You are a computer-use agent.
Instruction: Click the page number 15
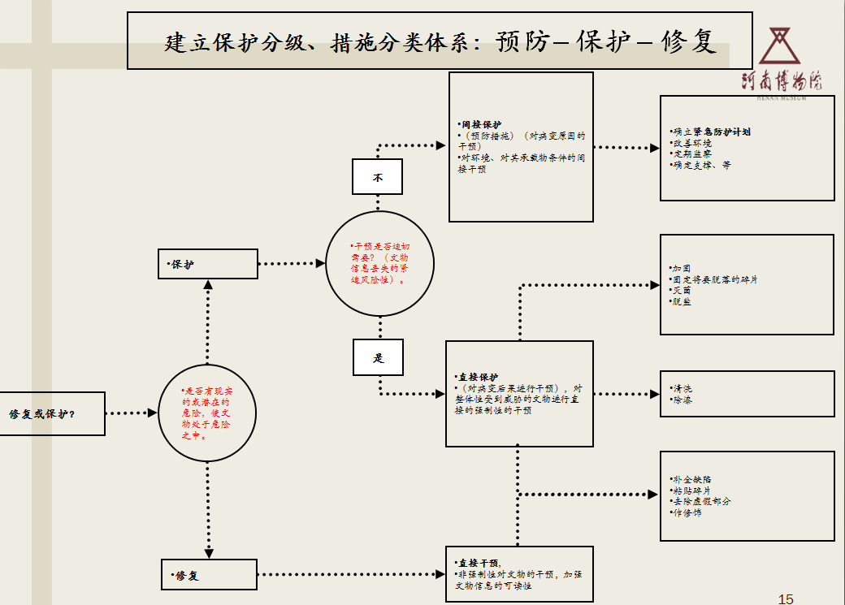(x=785, y=599)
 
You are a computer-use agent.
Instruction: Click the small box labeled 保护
(x=208, y=264)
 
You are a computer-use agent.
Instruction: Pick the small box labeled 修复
(x=209, y=575)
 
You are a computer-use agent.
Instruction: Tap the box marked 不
(x=377, y=176)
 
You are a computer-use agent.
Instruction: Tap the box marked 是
(x=378, y=357)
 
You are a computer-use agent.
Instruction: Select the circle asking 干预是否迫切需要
(x=380, y=262)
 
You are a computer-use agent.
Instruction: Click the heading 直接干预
(x=479, y=563)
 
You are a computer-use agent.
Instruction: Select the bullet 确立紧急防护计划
(x=712, y=131)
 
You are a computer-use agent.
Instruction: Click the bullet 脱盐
(x=682, y=302)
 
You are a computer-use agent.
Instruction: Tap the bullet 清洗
(x=682, y=388)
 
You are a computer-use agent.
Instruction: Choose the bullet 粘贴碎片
(x=691, y=490)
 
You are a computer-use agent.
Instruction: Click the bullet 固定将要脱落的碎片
(x=715, y=279)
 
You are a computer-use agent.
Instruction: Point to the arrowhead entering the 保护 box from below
(x=208, y=285)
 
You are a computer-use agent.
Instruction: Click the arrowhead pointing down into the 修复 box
(x=209, y=553)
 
